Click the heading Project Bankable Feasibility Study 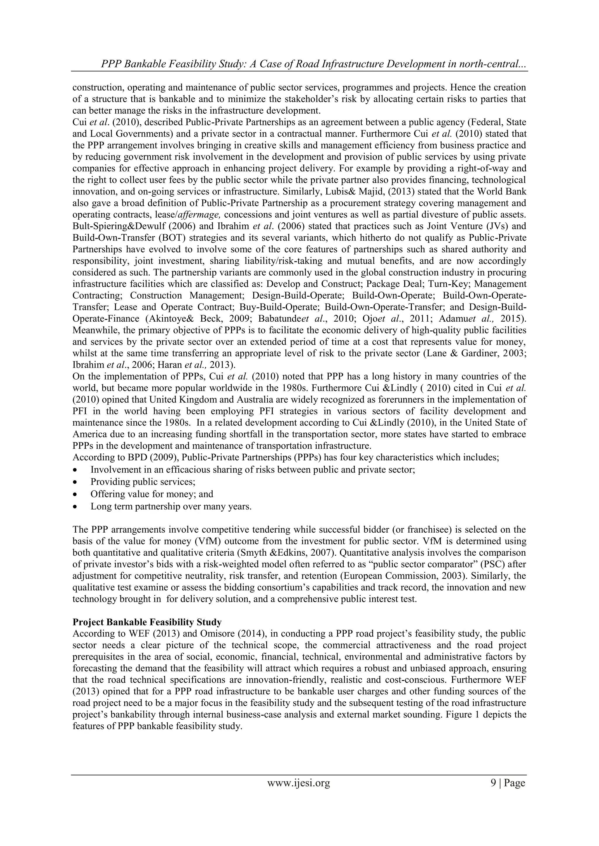[147, 622]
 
